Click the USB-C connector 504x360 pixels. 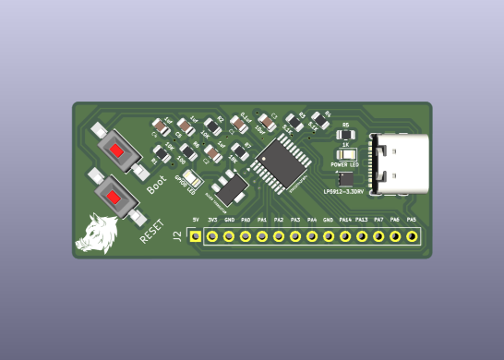point(399,163)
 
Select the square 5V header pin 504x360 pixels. point(195,236)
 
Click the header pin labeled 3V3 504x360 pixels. point(212,236)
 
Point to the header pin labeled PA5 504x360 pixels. point(412,236)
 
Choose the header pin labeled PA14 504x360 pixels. point(345,236)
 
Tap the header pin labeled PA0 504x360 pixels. point(246,236)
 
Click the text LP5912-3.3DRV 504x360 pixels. point(343,192)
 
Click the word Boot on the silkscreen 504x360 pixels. point(157,184)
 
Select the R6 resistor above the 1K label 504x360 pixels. point(346,134)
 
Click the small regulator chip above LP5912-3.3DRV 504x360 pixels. point(346,179)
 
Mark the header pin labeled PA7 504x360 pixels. point(378,236)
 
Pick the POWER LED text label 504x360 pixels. point(344,164)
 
